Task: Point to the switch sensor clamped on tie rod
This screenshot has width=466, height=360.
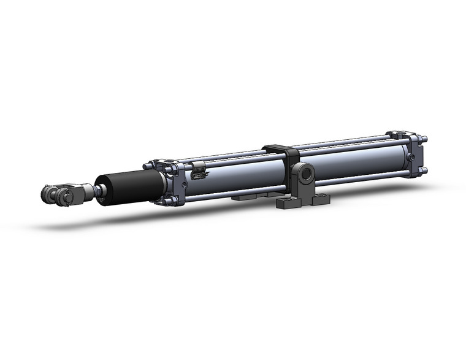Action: (196, 174)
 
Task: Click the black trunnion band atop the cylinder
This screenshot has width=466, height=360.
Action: (280, 150)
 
